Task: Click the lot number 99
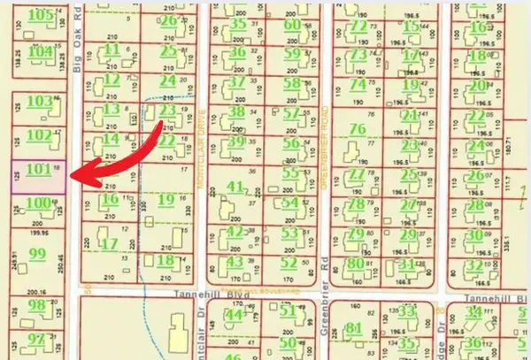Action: coord(37,254)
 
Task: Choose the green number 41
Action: coord(235,186)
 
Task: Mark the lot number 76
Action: coord(358,129)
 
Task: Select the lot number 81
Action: coord(356,329)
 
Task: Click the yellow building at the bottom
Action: coord(178,341)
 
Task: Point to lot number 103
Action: coord(40,102)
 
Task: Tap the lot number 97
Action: coord(36,339)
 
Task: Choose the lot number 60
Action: coord(292,25)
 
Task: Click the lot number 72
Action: coord(358,27)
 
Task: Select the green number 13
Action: coord(112,110)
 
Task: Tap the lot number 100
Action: coord(37,203)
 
